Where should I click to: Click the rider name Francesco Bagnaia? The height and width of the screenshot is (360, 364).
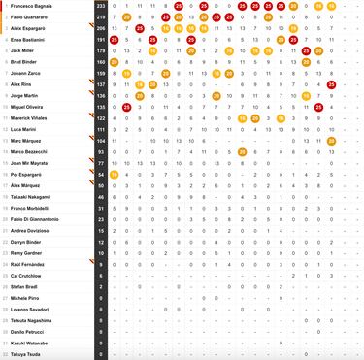click(x=33, y=6)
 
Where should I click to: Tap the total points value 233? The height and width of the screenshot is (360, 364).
click(x=101, y=6)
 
